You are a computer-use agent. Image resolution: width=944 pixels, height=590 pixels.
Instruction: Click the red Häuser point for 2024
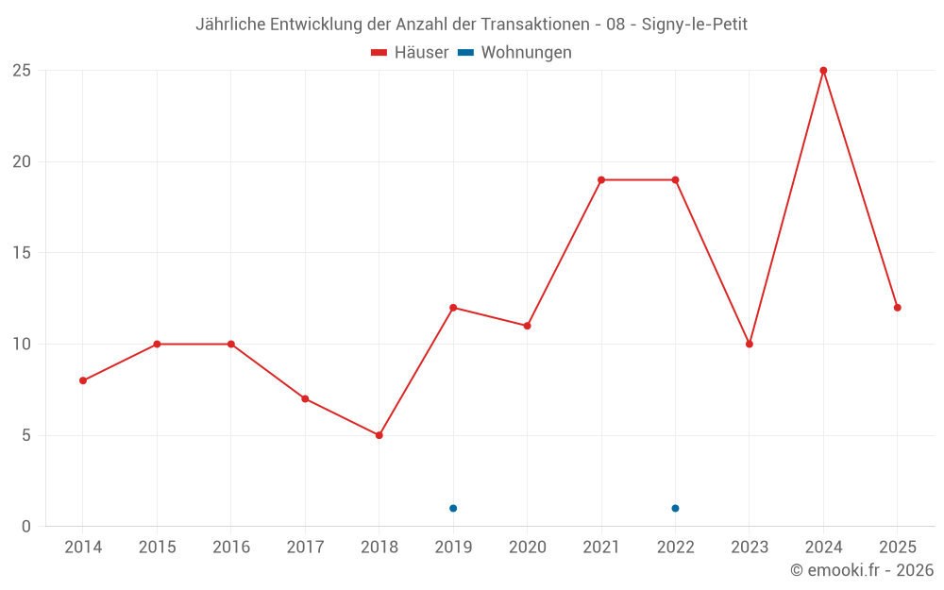pos(823,71)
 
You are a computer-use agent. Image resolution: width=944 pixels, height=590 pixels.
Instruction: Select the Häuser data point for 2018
pos(379,435)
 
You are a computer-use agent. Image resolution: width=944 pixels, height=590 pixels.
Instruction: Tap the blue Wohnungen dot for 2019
pos(453,508)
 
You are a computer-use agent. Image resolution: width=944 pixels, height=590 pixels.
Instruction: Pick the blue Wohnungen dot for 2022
pos(675,508)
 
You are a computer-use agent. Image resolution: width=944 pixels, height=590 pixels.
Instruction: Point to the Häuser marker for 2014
pos(83,380)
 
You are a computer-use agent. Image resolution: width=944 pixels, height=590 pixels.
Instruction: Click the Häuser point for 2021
pos(601,180)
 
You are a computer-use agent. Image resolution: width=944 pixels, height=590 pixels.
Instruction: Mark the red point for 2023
pos(750,344)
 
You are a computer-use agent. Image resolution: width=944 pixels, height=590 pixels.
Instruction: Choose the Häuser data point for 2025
pos(897,308)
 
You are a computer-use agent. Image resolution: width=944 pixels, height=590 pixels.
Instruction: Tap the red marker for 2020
pos(527,326)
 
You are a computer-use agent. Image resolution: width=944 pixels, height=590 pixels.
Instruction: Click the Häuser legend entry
pos(410,53)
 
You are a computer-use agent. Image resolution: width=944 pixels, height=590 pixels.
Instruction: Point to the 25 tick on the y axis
pos(22,71)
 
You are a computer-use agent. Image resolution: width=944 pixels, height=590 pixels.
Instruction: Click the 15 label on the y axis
pos(22,253)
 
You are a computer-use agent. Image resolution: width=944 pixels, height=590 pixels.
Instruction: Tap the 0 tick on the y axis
pos(26,526)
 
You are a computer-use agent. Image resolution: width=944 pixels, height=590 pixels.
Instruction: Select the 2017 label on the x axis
pos(305,548)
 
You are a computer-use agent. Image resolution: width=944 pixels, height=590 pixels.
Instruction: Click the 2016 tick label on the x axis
pos(231,548)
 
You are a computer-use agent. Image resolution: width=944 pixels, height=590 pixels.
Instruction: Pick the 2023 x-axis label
pos(750,548)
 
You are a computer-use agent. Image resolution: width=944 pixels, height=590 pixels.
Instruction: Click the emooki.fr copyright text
pos(862,570)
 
